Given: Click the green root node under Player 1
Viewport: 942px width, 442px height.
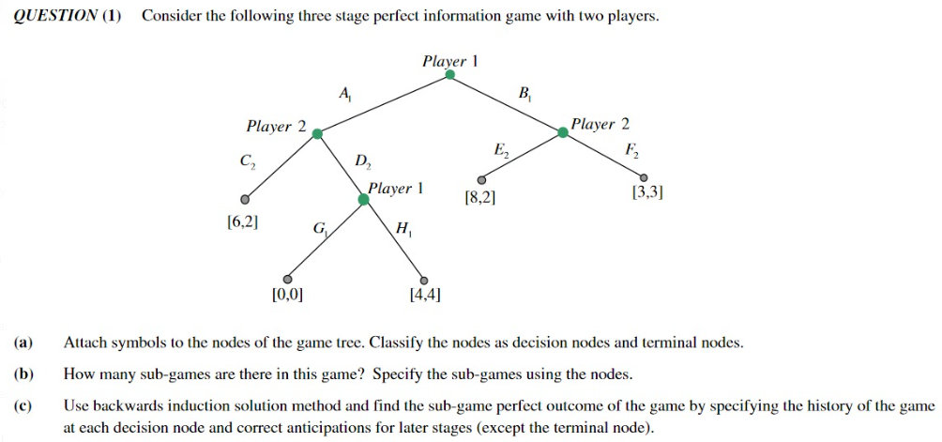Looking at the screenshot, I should [449, 75].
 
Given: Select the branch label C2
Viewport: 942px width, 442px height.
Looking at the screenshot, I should [246, 160].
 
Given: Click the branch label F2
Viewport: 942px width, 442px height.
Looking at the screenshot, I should [631, 149].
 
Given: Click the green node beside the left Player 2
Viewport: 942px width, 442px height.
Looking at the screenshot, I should [317, 134].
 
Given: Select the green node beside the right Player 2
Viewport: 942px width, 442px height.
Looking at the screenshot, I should [563, 132].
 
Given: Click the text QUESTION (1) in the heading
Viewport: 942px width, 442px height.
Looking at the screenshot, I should [68, 17].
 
